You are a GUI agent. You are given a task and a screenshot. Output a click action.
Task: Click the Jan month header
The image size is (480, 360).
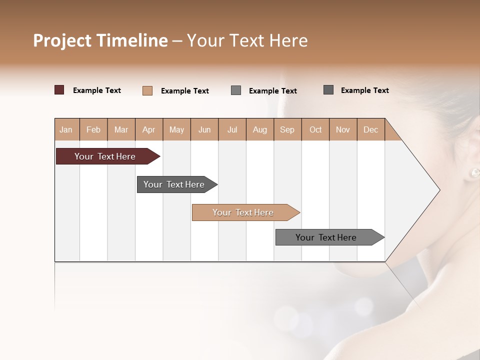(x=66, y=129)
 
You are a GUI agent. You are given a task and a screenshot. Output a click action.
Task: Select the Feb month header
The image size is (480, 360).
(x=93, y=129)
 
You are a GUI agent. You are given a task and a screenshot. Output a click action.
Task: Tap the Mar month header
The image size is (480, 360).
(x=121, y=129)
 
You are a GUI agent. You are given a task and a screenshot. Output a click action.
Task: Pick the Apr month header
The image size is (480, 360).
(x=148, y=129)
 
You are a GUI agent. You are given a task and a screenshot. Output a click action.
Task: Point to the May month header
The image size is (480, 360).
(x=176, y=129)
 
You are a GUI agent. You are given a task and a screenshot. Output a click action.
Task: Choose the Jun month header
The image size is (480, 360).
(x=204, y=129)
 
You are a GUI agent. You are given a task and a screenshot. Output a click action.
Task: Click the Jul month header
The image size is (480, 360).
(x=232, y=129)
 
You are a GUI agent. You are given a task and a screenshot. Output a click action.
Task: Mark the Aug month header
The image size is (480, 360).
(x=260, y=129)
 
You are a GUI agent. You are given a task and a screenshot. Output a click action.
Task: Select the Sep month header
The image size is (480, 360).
(x=287, y=129)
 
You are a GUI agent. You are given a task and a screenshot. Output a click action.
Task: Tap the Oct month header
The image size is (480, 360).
(x=315, y=129)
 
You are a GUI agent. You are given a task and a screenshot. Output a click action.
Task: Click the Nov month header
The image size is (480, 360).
(x=343, y=129)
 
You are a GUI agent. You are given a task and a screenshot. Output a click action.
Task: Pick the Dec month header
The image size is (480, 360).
(x=370, y=129)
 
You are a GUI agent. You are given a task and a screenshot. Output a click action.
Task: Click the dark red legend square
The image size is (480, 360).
(x=59, y=90)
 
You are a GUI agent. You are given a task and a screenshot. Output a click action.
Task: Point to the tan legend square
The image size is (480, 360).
(x=147, y=90)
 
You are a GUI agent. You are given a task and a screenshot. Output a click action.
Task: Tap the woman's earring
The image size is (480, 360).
(x=474, y=173)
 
